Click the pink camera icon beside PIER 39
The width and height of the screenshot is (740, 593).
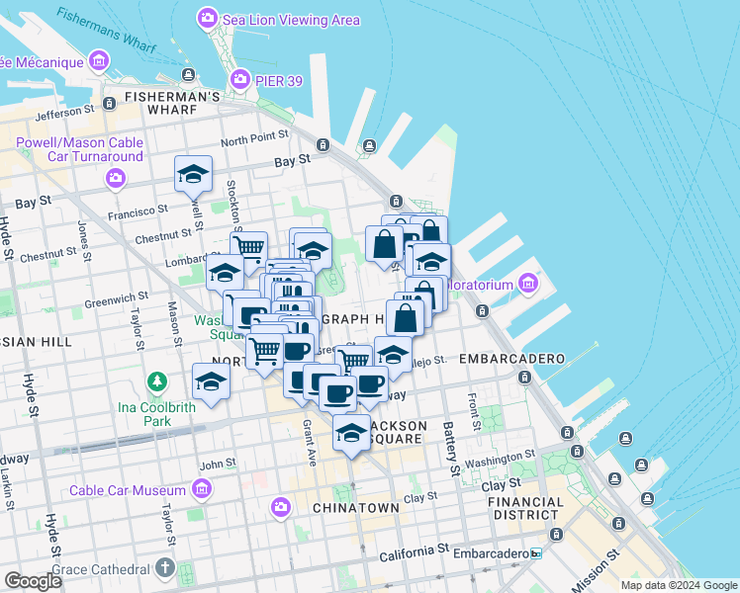[239, 79]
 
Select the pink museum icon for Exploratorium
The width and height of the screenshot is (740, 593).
[527, 285]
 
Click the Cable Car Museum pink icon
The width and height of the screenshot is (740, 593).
[203, 489]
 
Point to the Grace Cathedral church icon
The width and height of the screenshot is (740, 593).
[164, 569]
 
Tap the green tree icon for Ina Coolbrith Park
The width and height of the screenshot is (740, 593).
[155, 381]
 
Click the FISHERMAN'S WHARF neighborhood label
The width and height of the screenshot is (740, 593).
[172, 97]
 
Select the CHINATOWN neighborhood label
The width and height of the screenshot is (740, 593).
[355, 508]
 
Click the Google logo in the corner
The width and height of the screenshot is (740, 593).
[33, 581]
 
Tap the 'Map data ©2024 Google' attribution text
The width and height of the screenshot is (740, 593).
[679, 585]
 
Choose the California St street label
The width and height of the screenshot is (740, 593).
[416, 547]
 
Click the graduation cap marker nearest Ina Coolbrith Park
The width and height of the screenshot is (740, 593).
[211, 381]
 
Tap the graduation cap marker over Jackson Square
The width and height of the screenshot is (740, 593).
[351, 433]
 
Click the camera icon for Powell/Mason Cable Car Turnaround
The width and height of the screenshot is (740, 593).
[116, 178]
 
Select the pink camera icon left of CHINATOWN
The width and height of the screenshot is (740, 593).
[281, 508]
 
